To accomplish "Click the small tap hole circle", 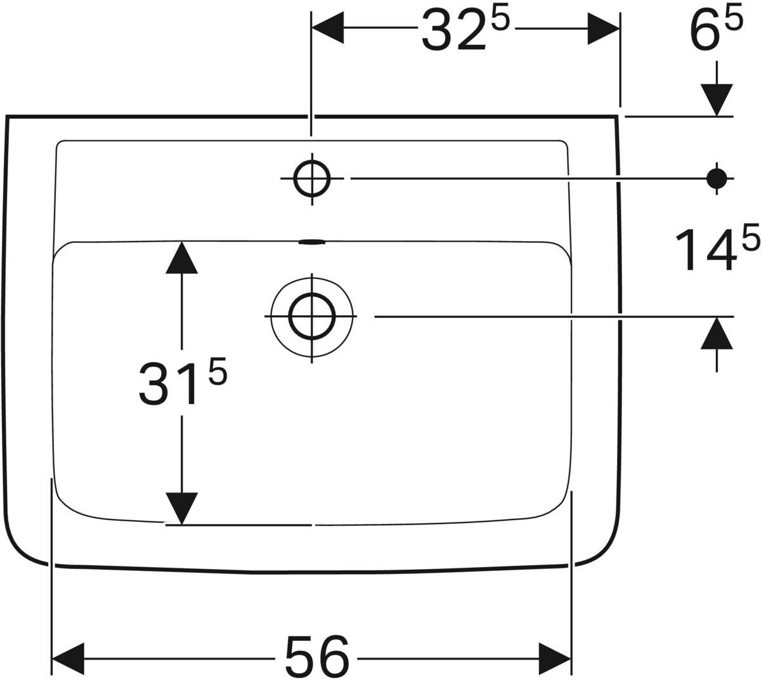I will coord(311,179).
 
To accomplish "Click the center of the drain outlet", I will coord(311,315).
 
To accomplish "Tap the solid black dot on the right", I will coord(717,179).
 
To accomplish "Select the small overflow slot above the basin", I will coord(311,241).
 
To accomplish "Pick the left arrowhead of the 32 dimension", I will coord(327,29).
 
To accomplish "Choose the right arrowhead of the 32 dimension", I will coord(604,29).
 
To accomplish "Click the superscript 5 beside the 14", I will coord(749,240).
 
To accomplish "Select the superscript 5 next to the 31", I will coord(217,372).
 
